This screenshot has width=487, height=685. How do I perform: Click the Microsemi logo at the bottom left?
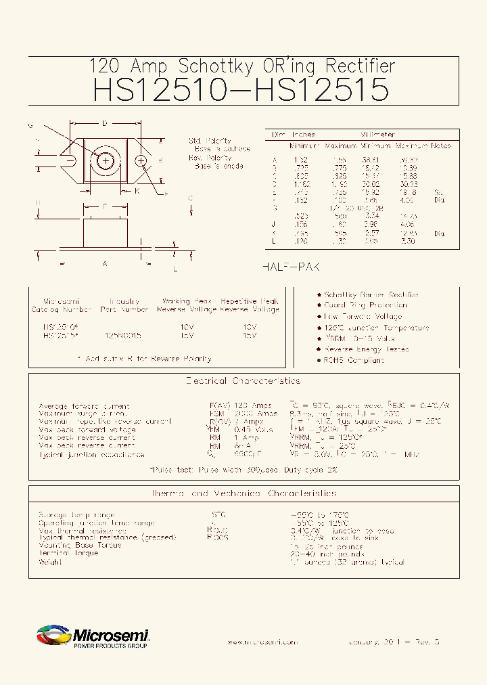pyautogui.click(x=93, y=636)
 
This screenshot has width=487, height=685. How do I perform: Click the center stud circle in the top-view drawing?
pyautogui.click(x=106, y=160)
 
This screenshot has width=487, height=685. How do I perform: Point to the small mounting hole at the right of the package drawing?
pyautogui.click(x=141, y=160)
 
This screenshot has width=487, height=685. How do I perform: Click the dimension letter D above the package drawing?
pyautogui.click(x=105, y=124)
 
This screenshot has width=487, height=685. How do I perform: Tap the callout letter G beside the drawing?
pyautogui.click(x=30, y=125)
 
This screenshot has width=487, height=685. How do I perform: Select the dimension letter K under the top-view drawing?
pyautogui.click(x=136, y=191)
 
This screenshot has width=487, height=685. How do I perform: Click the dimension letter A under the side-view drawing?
pyautogui.click(x=105, y=264)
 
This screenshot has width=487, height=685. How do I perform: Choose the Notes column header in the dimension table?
pyautogui.click(x=440, y=146)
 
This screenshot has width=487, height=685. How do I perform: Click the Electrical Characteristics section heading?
pyautogui.click(x=243, y=381)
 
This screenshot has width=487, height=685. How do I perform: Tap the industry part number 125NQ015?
pyautogui.click(x=123, y=334)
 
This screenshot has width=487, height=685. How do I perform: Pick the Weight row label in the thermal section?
pyautogui.click(x=51, y=562)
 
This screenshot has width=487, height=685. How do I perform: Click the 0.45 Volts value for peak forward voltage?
pyautogui.click(x=254, y=430)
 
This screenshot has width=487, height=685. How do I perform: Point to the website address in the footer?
pyautogui.click(x=262, y=642)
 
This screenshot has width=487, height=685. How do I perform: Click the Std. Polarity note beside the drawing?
pyautogui.click(x=210, y=141)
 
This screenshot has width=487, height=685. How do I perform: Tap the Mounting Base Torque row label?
pyautogui.click(x=80, y=545)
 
